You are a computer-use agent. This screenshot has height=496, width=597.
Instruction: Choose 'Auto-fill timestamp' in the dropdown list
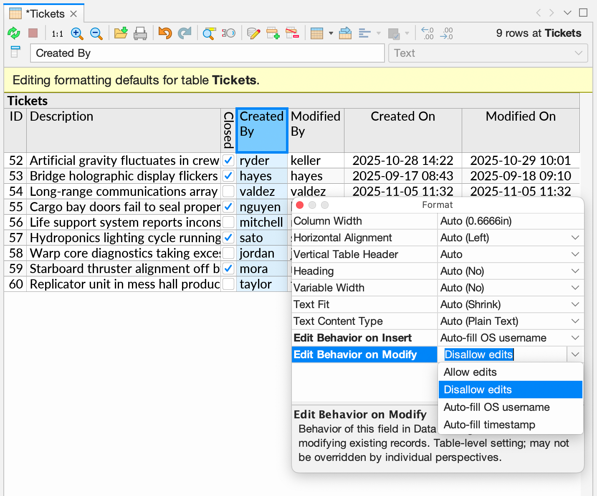489,425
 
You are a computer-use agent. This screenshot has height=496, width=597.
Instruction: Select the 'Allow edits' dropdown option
470,372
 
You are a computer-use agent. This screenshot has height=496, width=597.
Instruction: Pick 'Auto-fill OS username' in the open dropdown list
496,407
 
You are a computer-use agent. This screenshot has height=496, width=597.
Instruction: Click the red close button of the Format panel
300,205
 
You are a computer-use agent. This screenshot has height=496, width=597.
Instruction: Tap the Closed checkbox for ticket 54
228,191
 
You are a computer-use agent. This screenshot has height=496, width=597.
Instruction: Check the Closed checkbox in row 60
228,284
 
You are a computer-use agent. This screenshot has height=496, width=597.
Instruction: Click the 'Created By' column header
262,130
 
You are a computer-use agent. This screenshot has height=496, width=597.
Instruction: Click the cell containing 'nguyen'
260,207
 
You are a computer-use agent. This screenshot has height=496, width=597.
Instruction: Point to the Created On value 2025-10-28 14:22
402,160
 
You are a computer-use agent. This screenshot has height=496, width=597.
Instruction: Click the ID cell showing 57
16,238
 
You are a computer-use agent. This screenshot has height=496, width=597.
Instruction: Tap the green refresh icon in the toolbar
14,33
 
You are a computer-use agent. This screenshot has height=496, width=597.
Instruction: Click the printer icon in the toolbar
140,33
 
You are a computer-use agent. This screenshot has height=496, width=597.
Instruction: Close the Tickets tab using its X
73,14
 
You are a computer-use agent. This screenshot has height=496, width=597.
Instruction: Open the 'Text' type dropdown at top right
488,53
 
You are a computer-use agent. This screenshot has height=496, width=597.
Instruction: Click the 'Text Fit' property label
311,304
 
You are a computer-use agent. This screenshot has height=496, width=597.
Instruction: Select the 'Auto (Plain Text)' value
479,321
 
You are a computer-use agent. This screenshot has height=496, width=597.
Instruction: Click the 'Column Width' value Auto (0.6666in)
476,221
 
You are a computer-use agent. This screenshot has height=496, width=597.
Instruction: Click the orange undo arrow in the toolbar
165,33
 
